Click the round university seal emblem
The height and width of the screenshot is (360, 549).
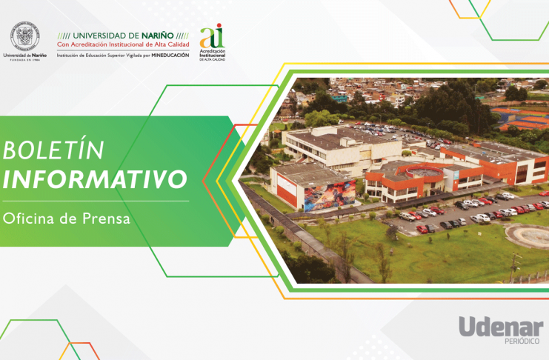[25, 36]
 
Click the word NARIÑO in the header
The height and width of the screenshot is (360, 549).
[158, 36]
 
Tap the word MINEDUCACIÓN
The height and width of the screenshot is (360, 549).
[170, 56]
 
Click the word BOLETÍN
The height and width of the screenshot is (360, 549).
[53, 150]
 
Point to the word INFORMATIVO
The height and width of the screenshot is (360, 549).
[95, 179]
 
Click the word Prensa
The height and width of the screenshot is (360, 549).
[106, 219]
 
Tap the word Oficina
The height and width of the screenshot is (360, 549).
[28, 219]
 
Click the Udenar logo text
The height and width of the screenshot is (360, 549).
[501, 327]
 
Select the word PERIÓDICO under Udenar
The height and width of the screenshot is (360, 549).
[522, 341]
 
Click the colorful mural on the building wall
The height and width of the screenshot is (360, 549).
[330, 196]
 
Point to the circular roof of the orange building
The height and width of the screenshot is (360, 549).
[425, 171]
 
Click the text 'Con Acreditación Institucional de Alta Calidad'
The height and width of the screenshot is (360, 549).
[123, 44]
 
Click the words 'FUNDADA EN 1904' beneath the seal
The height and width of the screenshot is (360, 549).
[25, 60]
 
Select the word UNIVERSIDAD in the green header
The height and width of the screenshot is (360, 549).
[99, 36]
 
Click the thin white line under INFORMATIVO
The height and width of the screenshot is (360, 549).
[96, 201]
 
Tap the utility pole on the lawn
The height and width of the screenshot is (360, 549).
[513, 267]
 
